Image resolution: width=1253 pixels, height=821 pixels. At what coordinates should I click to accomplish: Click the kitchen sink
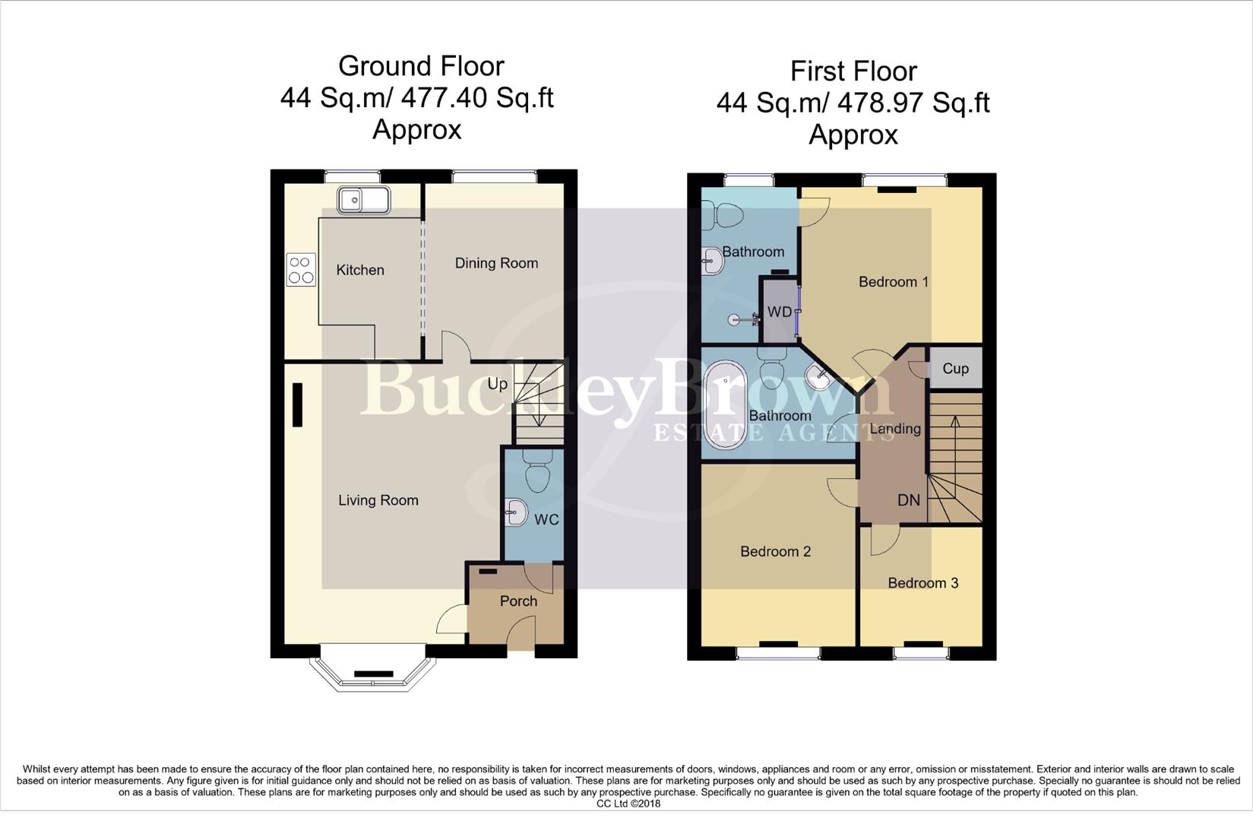[363, 201]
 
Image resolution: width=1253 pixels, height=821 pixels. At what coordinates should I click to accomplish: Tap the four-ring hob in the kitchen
[300, 270]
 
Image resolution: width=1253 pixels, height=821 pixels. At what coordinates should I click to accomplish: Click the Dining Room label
[496, 263]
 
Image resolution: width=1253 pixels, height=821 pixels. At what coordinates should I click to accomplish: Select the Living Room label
[378, 500]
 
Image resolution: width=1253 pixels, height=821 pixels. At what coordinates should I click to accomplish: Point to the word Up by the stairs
[497, 384]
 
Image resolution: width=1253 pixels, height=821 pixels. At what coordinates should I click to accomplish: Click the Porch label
[518, 601]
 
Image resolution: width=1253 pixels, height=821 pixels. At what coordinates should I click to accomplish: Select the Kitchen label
[360, 270]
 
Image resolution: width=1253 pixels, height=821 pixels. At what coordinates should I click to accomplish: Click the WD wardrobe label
[779, 312]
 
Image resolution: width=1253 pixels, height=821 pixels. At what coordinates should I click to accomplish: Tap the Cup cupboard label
[955, 369]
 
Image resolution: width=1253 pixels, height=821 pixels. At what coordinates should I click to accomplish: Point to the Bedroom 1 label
[893, 282]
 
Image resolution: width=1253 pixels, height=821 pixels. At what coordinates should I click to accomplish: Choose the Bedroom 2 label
[775, 552]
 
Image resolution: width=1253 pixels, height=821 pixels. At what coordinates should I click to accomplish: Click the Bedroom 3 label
[922, 583]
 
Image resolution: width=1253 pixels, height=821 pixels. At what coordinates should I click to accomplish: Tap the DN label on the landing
[909, 500]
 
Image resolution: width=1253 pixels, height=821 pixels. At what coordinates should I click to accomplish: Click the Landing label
[895, 429]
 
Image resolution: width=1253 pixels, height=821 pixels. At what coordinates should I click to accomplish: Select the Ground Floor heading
[421, 66]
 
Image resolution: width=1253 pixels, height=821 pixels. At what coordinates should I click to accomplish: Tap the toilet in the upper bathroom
[722, 215]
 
